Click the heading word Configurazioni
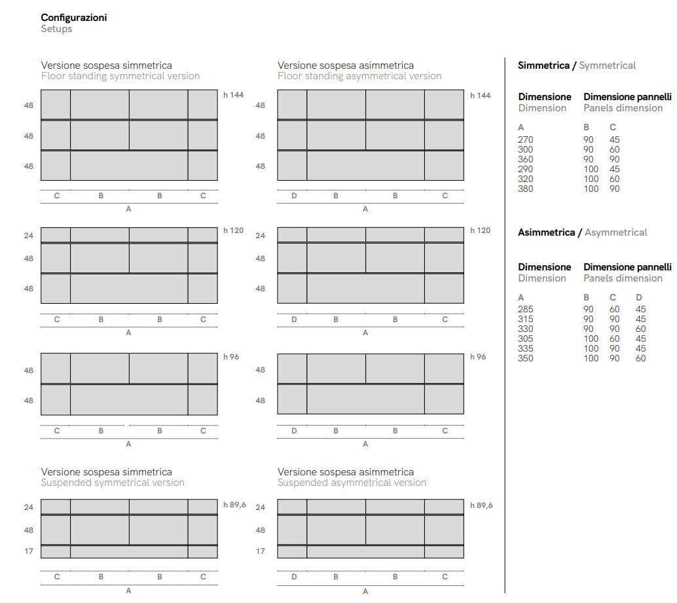(73, 18)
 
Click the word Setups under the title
(56, 29)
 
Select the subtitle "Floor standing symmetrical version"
(120, 76)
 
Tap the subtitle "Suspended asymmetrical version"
(352, 483)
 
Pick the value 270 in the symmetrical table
(525, 139)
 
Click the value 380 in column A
(525, 189)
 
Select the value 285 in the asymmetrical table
(525, 309)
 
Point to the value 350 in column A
(525, 358)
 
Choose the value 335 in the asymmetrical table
(525, 348)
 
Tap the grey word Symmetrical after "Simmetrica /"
(607, 65)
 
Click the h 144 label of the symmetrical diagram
(233, 95)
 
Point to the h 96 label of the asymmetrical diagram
(478, 357)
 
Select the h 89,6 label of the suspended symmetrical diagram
(234, 505)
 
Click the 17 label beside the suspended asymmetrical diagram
(261, 551)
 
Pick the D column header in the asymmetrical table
(639, 297)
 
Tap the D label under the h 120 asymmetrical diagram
(294, 320)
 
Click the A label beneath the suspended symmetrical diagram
(128, 590)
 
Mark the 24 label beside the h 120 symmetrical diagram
(29, 235)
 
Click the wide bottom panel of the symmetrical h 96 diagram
(129, 399)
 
